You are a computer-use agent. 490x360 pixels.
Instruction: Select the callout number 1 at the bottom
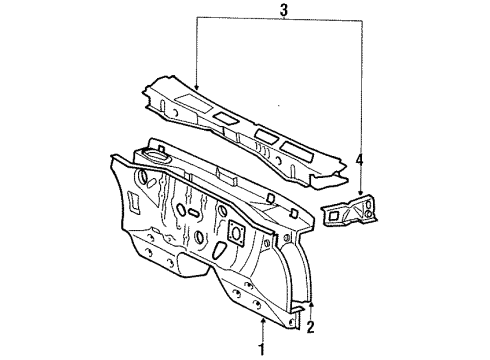coord(262,349)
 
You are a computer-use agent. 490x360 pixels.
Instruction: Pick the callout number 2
coord(312,326)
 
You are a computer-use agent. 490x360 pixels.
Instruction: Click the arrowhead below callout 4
coord(359,194)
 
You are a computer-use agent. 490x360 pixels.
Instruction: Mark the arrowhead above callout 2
coord(312,303)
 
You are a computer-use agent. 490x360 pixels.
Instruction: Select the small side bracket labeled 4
coord(350,212)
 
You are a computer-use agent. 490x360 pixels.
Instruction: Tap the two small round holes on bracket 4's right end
coord(368,212)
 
